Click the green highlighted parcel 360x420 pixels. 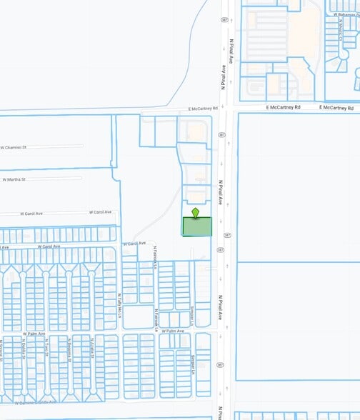197,226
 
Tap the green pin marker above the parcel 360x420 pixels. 196,212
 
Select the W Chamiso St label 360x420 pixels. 14,147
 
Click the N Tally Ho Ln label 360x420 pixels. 119,300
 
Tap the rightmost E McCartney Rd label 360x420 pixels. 338,107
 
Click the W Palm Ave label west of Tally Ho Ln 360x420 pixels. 34,333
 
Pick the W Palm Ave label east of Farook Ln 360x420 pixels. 172,331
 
